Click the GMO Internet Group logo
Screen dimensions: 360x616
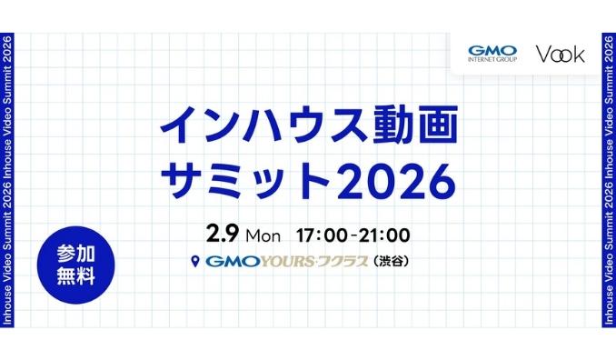coord(491,55)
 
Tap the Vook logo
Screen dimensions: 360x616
coord(560,55)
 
